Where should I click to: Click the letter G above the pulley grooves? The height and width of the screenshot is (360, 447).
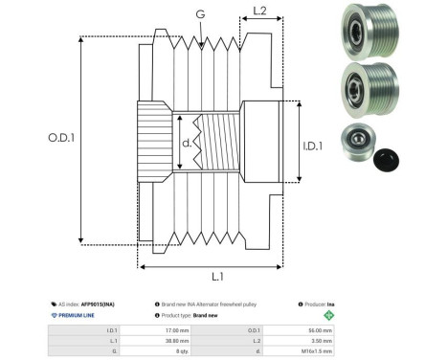pyautogui.click(x=200, y=13)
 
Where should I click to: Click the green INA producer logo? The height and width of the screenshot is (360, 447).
pyautogui.click(x=328, y=314)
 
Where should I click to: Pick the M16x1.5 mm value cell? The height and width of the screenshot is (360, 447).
pyautogui.click(x=312, y=352)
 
